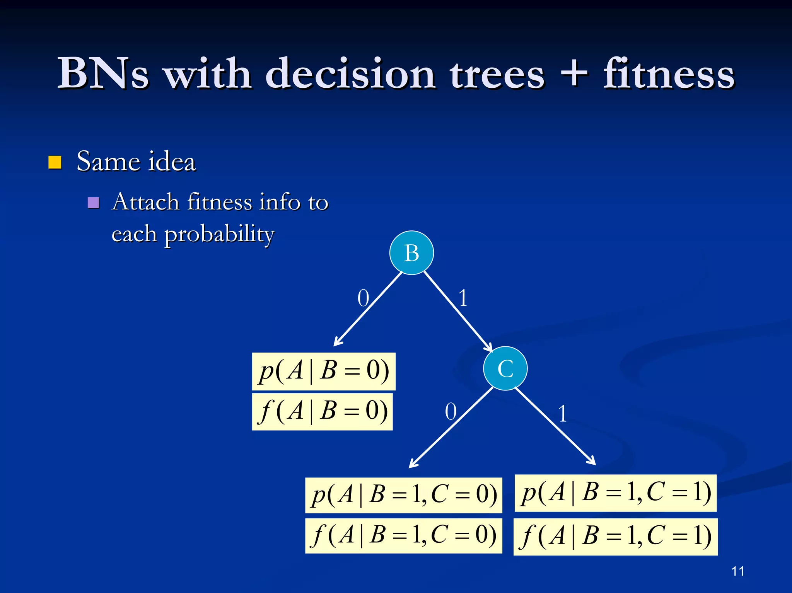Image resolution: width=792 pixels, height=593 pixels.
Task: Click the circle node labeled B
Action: [411, 253]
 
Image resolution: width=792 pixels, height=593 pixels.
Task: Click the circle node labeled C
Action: [505, 368]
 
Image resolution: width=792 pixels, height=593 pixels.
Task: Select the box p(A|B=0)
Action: [324, 371]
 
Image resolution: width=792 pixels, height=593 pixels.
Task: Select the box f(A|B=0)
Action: [322, 411]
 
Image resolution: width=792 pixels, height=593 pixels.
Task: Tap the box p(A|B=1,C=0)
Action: [403, 495]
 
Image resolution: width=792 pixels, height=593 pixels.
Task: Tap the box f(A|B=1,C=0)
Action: [403, 536]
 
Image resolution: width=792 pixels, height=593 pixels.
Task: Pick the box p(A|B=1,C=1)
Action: [615, 493]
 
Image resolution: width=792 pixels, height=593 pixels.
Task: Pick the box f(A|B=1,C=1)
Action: [615, 537]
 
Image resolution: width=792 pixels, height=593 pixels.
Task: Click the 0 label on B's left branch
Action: [363, 298]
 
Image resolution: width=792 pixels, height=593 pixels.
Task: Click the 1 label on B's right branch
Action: [463, 298]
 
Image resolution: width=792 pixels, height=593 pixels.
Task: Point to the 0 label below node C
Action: [451, 412]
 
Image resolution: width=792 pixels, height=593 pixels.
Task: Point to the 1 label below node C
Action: [563, 414]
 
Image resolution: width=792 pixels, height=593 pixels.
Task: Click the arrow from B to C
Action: [458, 312]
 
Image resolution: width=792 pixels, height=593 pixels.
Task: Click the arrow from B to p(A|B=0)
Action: [367, 309]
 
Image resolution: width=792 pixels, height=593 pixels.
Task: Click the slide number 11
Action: [737, 571]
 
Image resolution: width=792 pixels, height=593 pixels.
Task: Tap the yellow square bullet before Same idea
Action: [55, 162]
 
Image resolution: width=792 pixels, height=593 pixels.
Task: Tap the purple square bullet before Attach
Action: [93, 203]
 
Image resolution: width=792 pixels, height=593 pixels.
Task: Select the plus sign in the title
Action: [574, 73]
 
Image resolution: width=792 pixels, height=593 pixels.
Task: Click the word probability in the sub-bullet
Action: [219, 234]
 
